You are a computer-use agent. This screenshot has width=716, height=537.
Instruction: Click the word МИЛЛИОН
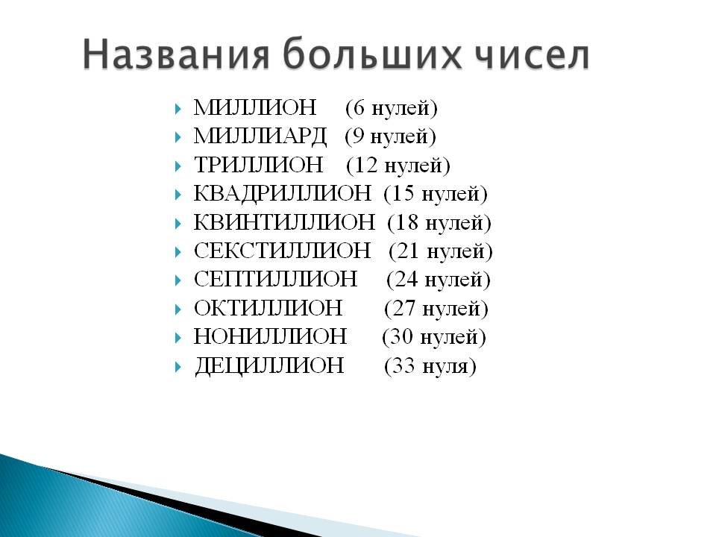click(255, 107)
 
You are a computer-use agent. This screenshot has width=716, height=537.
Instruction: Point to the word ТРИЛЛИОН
click(259, 165)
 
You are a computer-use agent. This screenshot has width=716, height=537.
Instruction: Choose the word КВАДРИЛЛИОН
click(282, 194)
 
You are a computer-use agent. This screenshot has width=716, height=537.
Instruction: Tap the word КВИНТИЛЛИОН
click(284, 222)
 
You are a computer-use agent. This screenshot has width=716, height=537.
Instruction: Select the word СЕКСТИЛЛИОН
click(282, 251)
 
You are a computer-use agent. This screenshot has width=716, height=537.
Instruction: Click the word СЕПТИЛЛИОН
click(275, 280)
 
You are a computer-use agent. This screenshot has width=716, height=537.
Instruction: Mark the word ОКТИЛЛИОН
click(268, 308)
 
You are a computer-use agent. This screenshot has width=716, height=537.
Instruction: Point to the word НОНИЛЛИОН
click(270, 337)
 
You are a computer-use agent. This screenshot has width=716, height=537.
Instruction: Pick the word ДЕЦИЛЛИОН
click(269, 366)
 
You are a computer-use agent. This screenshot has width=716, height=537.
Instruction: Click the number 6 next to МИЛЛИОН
click(359, 108)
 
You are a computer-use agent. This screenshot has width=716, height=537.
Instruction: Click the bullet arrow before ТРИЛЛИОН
click(178, 166)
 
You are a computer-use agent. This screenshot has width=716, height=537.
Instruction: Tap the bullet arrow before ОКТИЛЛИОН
click(178, 309)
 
